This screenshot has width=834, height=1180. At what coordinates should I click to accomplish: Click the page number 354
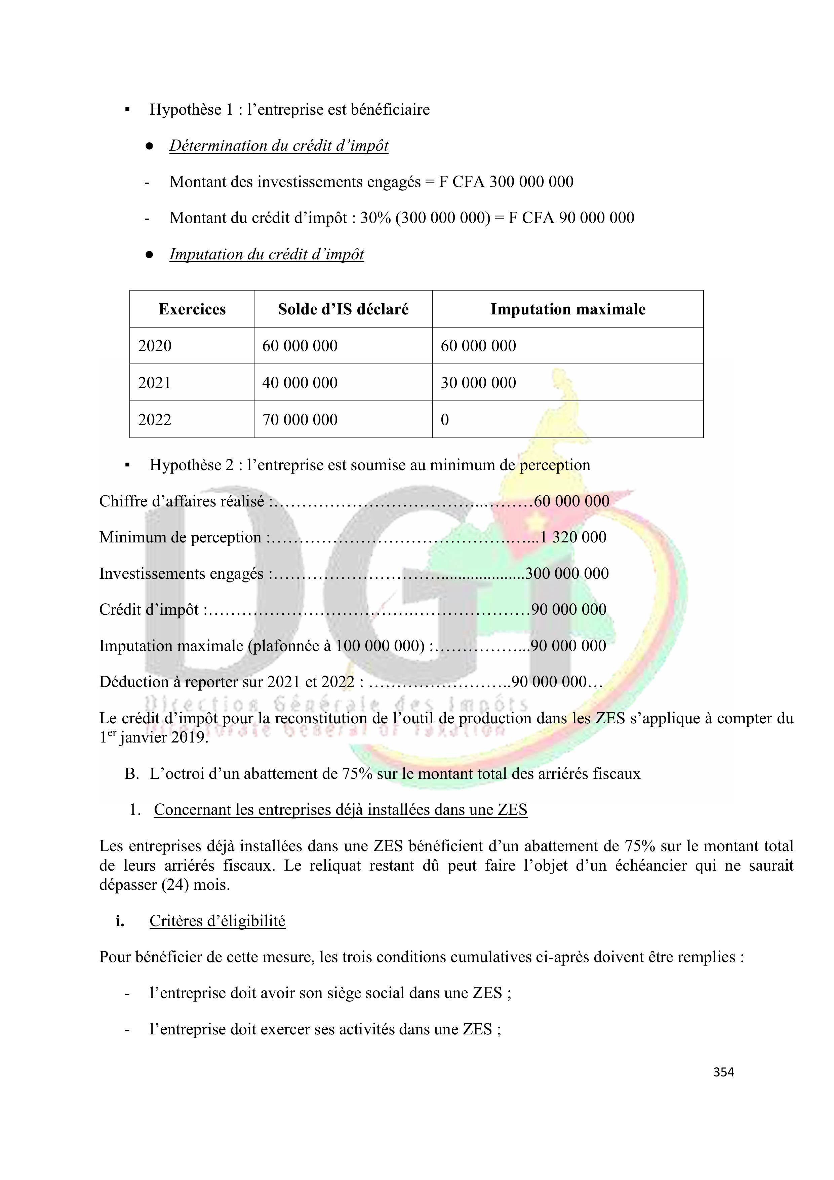tap(723, 1072)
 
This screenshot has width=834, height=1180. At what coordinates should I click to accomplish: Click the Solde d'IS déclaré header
tap(343, 309)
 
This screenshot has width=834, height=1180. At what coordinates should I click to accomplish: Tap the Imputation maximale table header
tap(567, 309)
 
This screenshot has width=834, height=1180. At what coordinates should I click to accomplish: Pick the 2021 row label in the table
tap(154, 383)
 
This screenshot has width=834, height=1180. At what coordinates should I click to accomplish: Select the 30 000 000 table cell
tap(478, 383)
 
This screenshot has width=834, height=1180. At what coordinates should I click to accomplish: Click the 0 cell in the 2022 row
tap(445, 420)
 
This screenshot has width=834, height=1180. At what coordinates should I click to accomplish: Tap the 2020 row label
tap(154, 346)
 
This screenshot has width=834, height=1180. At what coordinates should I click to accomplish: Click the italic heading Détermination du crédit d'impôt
tap(279, 146)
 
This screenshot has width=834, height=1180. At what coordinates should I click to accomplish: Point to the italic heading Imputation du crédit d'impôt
tap(266, 255)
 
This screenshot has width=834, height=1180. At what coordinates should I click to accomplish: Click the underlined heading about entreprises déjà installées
tap(340, 810)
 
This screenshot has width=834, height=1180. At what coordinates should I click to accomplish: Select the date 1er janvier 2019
tap(154, 738)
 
